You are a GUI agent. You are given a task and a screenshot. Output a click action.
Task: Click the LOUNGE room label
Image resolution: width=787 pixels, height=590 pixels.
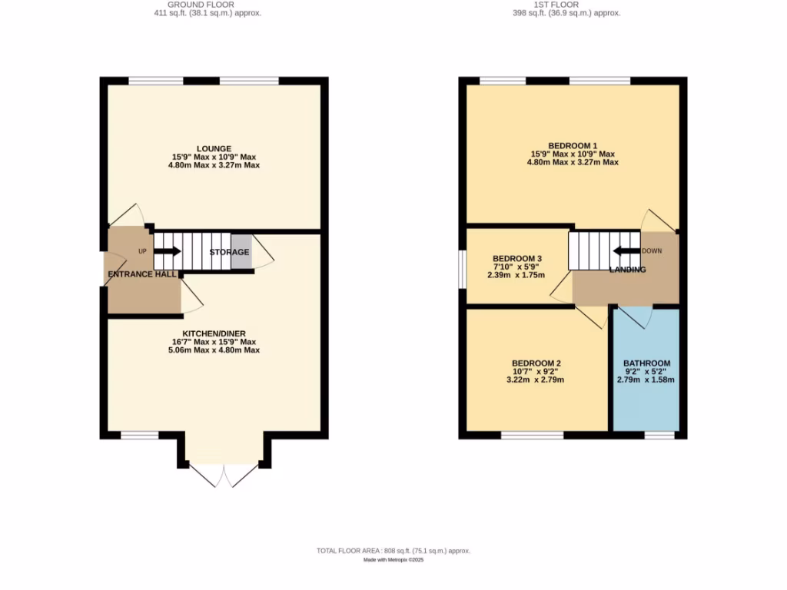(x=214, y=148)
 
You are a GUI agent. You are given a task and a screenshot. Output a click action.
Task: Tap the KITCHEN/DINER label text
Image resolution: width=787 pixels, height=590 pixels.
(x=214, y=333)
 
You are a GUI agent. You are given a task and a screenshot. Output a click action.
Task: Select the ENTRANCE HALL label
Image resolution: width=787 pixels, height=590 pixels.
(x=142, y=274)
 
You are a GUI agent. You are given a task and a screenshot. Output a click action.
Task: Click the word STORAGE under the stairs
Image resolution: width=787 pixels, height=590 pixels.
(x=229, y=252)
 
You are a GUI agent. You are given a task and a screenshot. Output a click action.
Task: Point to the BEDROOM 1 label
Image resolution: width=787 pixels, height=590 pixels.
(x=573, y=146)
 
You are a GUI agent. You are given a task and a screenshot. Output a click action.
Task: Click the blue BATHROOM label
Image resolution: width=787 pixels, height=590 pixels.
(x=646, y=363)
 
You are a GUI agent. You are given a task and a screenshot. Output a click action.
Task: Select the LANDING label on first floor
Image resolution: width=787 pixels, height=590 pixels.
(x=627, y=270)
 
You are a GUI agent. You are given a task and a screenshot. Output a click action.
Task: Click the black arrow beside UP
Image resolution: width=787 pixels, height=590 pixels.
(x=168, y=250)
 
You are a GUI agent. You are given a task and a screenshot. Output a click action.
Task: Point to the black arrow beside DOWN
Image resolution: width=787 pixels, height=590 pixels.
(x=626, y=250)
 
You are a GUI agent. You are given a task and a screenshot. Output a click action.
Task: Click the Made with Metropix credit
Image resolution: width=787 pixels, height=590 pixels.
(x=393, y=560)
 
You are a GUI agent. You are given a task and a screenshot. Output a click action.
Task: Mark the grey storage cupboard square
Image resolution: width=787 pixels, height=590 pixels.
(x=241, y=252)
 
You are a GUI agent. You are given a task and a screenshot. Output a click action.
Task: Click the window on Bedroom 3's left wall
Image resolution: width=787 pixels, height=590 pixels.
(x=461, y=269)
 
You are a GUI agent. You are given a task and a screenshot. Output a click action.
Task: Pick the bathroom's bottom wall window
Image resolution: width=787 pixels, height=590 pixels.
(x=659, y=435)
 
